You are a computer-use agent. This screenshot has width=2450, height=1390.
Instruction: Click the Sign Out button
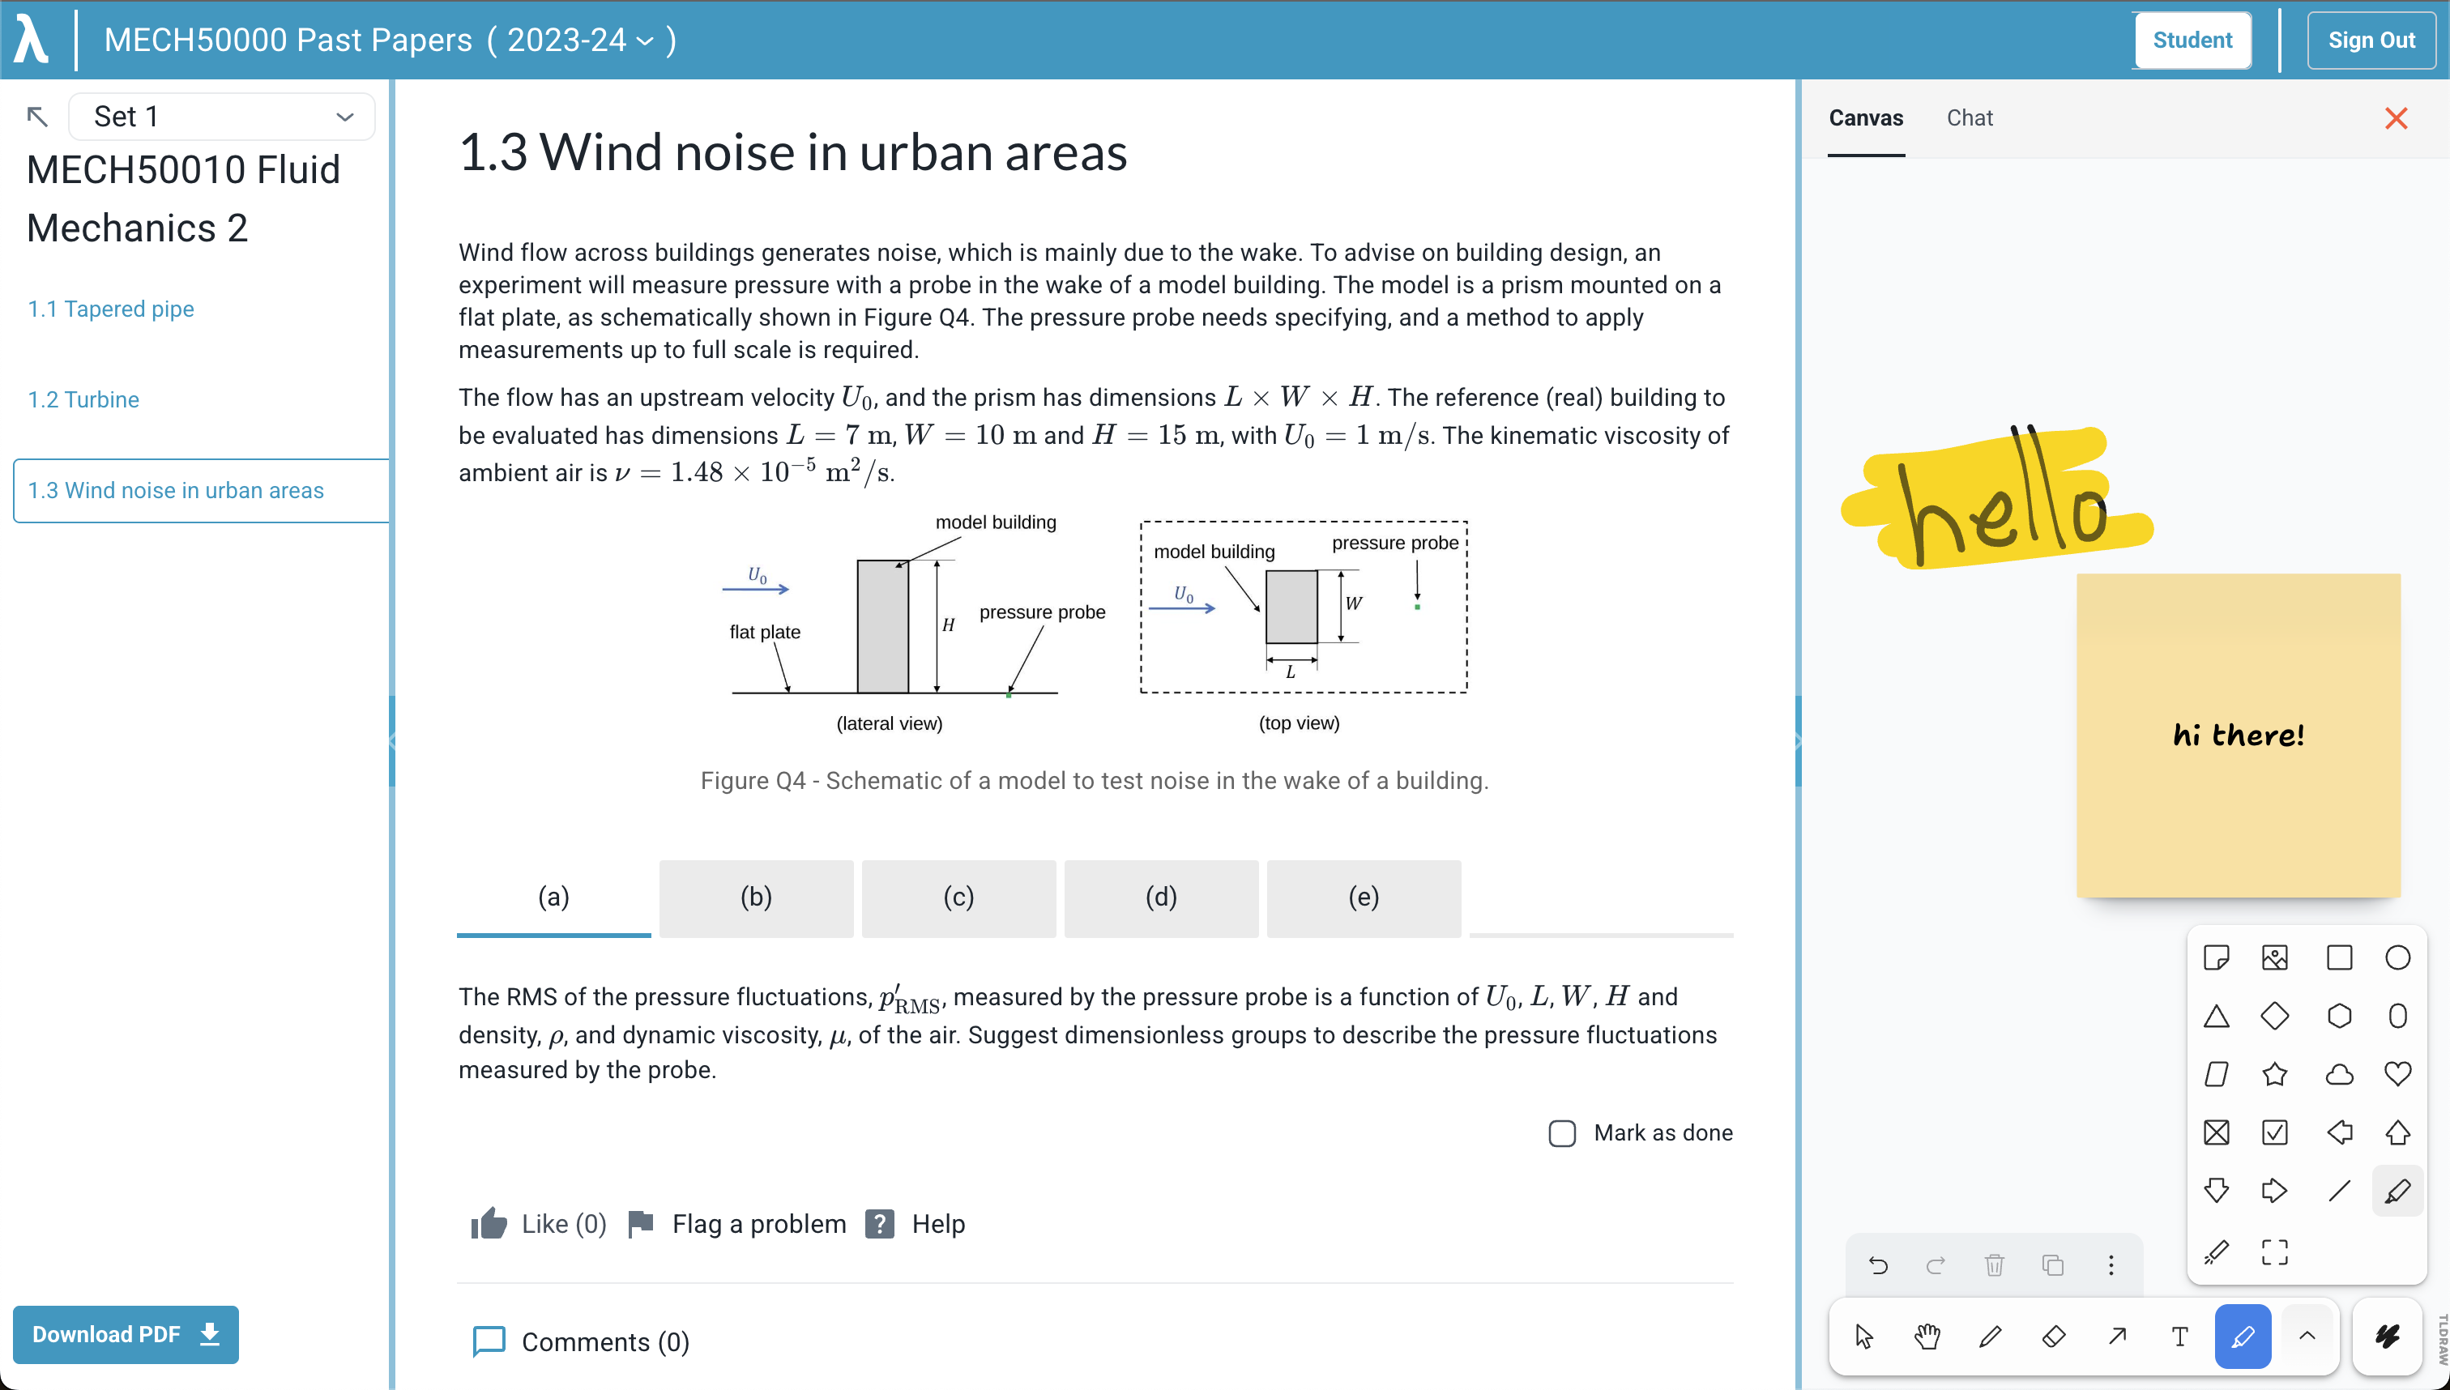[x=2371, y=41]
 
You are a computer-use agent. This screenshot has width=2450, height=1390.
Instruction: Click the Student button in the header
[x=2192, y=41]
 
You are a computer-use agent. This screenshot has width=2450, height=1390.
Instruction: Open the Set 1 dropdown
[x=221, y=117]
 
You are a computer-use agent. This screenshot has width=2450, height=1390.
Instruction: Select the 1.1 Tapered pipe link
[x=111, y=309]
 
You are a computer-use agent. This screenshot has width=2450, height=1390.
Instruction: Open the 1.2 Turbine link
[x=84, y=399]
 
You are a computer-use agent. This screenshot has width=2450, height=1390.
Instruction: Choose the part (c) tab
[x=958, y=898]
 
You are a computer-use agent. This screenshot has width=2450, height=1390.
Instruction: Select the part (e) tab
[x=1364, y=898]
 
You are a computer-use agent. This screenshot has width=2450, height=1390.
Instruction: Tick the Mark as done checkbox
[x=1562, y=1133]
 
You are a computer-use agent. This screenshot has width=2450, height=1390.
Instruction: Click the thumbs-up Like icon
[x=489, y=1224]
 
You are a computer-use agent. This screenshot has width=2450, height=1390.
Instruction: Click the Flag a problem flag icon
[x=641, y=1224]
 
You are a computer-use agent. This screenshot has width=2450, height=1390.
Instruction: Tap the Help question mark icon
[x=879, y=1224]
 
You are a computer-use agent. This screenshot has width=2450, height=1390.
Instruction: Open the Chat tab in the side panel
[x=1970, y=118]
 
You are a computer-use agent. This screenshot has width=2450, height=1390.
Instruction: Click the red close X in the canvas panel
[x=2396, y=118]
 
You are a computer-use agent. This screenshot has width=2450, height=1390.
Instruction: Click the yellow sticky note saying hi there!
[x=2238, y=736]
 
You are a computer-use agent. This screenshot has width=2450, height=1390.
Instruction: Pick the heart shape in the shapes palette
[x=2397, y=1074]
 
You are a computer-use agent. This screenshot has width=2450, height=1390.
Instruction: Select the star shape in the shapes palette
[x=2274, y=1074]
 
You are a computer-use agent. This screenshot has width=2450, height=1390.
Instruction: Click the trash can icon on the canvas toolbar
[x=1995, y=1266]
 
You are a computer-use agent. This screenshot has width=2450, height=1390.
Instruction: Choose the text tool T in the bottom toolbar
[x=2179, y=1337]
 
